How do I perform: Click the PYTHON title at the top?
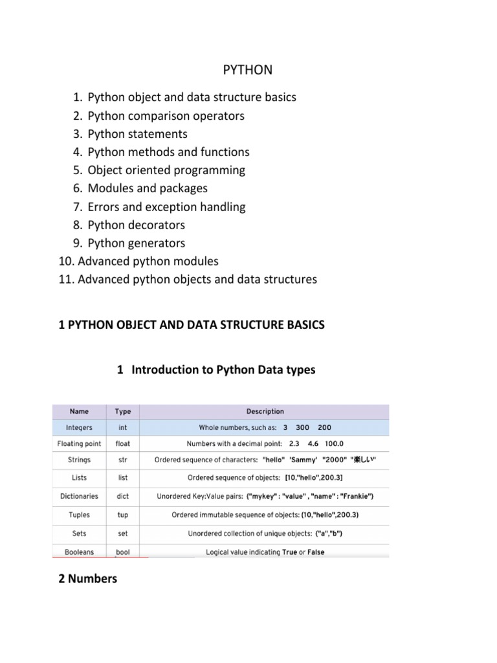point(248,69)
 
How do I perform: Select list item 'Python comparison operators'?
point(166,116)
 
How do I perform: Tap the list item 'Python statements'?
point(137,134)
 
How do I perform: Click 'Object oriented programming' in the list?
point(166,170)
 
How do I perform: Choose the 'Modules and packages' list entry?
point(148,188)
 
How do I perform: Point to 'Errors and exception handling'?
point(166,207)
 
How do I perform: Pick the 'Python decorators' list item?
point(136,225)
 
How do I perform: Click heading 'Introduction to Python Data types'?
point(223,370)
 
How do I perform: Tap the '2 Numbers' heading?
point(88,579)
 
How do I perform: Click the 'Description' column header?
point(265,411)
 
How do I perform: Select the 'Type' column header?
point(122,411)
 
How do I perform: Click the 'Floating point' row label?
point(79,444)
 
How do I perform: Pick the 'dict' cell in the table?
point(122,496)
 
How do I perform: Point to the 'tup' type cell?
point(122,515)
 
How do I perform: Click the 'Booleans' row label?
point(79,552)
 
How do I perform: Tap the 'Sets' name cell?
point(79,534)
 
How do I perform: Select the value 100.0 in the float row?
point(335,444)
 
